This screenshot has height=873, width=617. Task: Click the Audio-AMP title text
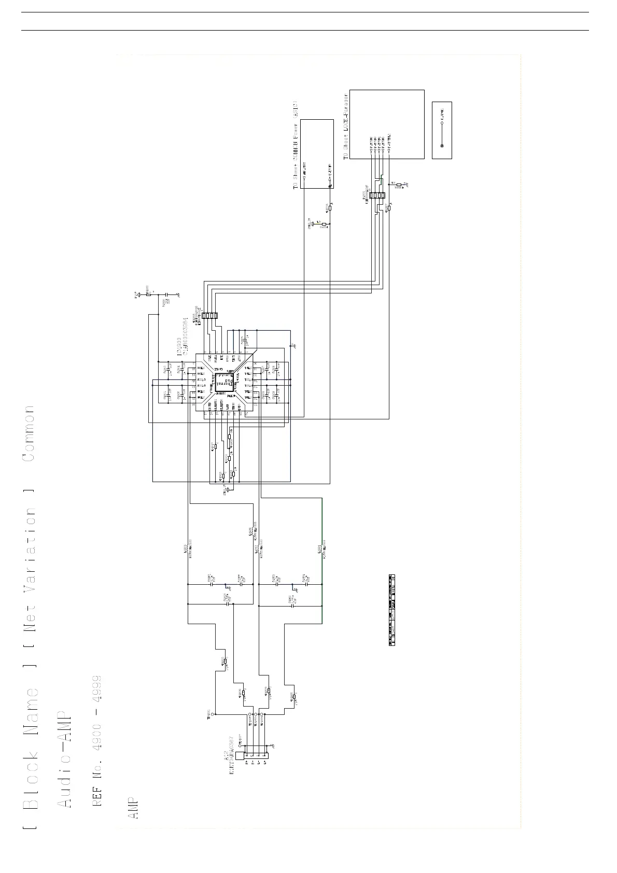point(63,756)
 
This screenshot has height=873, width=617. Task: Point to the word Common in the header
point(29,433)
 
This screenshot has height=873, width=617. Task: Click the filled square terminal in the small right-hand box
point(442,146)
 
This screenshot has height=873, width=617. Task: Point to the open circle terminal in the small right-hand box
point(442,123)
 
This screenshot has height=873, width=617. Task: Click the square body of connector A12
point(240,756)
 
